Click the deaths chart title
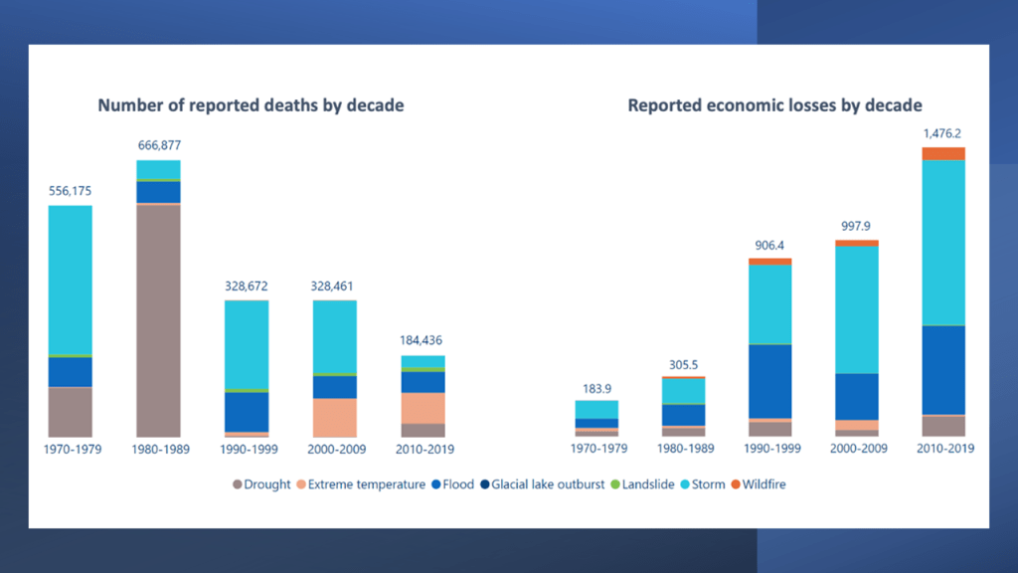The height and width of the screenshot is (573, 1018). pyautogui.click(x=251, y=105)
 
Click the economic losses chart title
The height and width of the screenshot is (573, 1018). pyautogui.click(x=774, y=105)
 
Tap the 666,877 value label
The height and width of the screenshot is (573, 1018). pyautogui.click(x=158, y=145)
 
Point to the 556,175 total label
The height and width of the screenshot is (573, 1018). pyautogui.click(x=71, y=190)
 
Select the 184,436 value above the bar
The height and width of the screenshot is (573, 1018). pyautogui.click(x=423, y=340)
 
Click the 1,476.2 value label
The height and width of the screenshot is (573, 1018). pyautogui.click(x=943, y=131)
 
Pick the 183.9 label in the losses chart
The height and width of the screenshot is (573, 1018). pyautogui.click(x=596, y=386)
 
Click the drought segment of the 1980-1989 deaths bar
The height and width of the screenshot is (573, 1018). pyautogui.click(x=158, y=318)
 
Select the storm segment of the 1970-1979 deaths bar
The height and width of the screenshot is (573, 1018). pyautogui.click(x=71, y=279)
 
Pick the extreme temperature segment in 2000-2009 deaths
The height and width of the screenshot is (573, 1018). pyautogui.click(x=335, y=417)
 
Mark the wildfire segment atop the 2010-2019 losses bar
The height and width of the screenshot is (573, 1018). pyautogui.click(x=943, y=153)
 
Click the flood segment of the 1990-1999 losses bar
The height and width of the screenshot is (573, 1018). pyautogui.click(x=769, y=380)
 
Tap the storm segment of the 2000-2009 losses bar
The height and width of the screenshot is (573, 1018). pyautogui.click(x=857, y=308)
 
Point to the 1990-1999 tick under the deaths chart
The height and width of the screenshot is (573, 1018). pyautogui.click(x=248, y=449)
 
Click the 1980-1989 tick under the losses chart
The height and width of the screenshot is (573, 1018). pyautogui.click(x=683, y=449)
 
